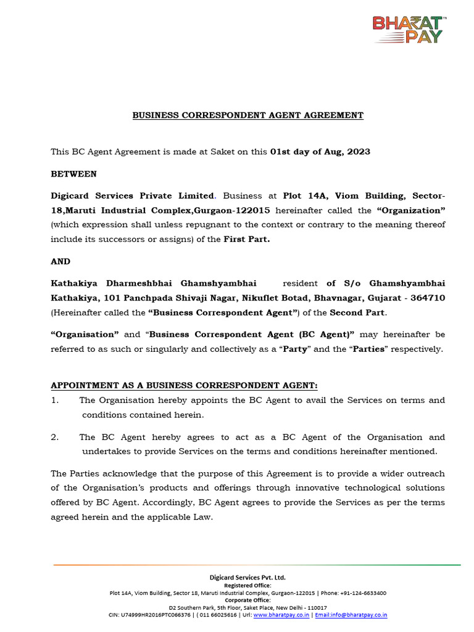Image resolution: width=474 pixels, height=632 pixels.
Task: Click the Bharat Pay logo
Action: (x=409, y=30)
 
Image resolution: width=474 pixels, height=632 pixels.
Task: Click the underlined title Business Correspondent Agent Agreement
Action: (x=248, y=115)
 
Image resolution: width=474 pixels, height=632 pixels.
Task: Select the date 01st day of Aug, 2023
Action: (x=320, y=152)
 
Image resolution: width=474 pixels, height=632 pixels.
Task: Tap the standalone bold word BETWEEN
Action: (x=73, y=174)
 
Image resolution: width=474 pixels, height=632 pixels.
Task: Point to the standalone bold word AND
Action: (x=60, y=261)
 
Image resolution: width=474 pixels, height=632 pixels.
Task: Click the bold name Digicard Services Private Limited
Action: (x=133, y=196)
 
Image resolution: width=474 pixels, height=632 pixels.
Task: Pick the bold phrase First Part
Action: (x=246, y=239)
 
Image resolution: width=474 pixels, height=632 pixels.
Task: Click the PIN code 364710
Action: (x=427, y=298)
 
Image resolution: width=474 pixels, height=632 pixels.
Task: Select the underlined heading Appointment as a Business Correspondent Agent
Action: (x=184, y=386)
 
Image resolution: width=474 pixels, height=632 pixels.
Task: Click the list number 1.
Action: (x=54, y=400)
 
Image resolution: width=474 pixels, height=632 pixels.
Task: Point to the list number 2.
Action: (x=54, y=437)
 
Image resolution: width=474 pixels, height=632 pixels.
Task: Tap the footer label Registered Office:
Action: (x=247, y=585)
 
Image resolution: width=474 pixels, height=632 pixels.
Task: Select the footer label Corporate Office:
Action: (x=247, y=600)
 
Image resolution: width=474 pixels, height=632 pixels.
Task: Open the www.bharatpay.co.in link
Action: (x=281, y=615)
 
